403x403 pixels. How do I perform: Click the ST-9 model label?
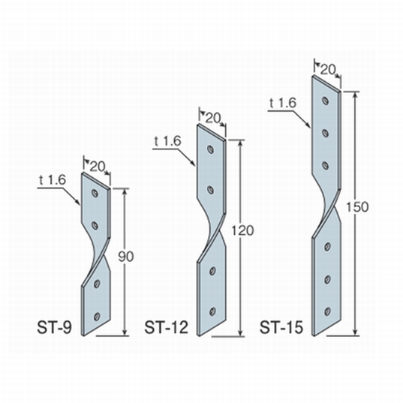(x=54, y=328)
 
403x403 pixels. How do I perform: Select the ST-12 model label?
(x=167, y=328)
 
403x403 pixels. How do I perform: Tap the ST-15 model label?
(x=281, y=328)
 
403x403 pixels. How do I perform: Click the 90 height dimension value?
(x=126, y=257)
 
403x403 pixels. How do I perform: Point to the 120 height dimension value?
(x=242, y=230)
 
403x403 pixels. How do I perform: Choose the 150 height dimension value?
(x=357, y=207)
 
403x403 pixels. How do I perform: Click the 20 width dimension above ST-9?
(x=98, y=167)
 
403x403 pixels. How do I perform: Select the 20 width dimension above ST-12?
(x=213, y=118)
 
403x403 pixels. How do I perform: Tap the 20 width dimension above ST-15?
(x=328, y=69)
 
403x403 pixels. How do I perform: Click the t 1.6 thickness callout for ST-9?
(x=53, y=180)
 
